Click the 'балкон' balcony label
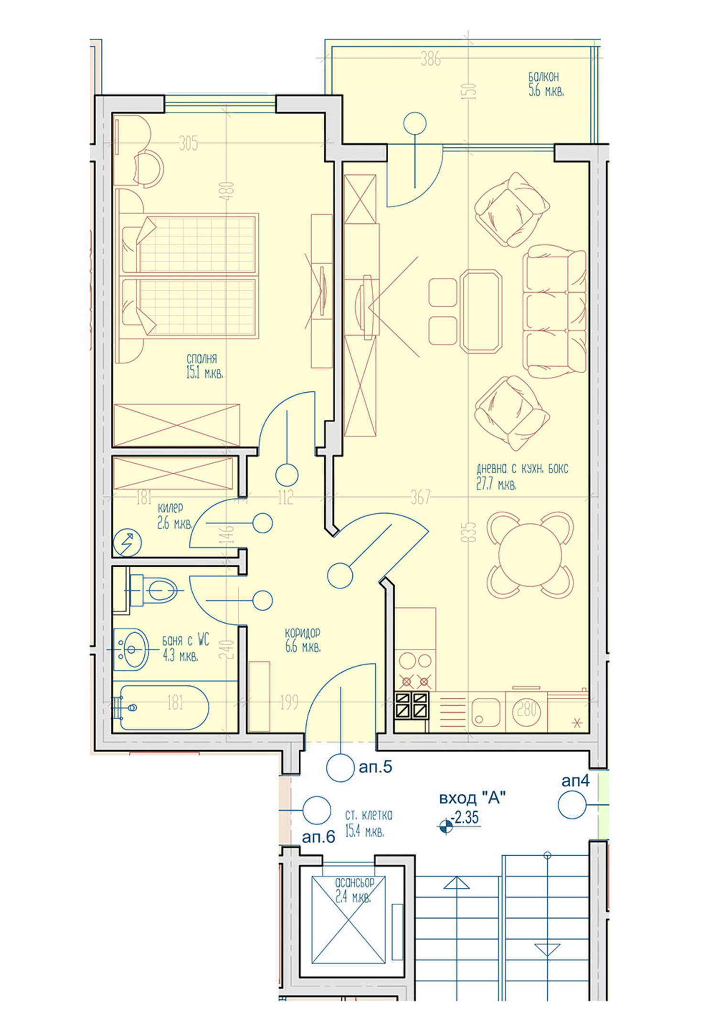tap(543, 76)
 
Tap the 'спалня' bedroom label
tap(202, 358)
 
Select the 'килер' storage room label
tap(170, 508)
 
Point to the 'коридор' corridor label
tap(303, 633)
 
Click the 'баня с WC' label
tap(185, 640)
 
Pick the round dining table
tap(530, 555)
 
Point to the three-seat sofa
tap(554, 312)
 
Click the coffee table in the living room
tap(481, 311)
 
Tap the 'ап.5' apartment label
tap(375, 767)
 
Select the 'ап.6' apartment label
tap(318, 837)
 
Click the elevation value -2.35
tap(466, 817)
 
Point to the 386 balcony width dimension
tap(430, 59)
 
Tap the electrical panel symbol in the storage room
tap(128, 543)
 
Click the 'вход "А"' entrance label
tap(472, 798)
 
